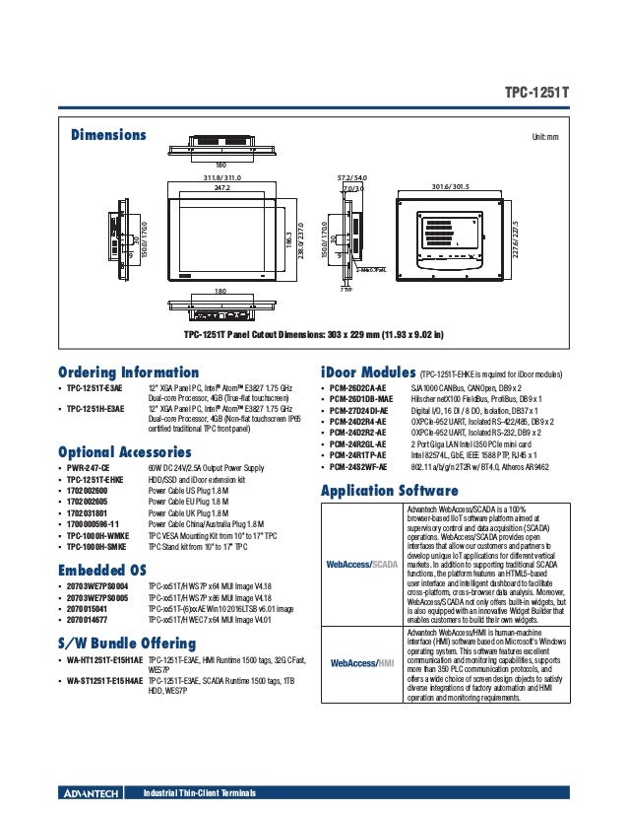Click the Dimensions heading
107,134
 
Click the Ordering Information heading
129,373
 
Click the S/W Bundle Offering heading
128,643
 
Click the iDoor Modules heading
368,373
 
